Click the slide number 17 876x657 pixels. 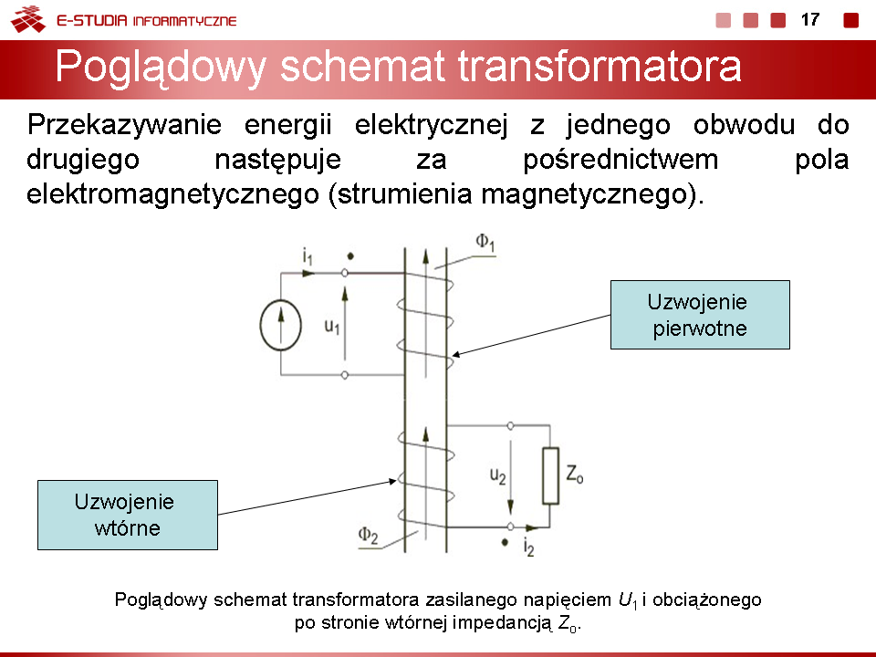pyautogui.click(x=810, y=20)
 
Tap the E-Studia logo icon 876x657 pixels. pyautogui.click(x=28, y=19)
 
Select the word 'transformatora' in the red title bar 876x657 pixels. pyautogui.click(x=600, y=67)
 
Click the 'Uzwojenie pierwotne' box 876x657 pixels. pyautogui.click(x=700, y=315)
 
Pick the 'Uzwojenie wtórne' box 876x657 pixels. pyautogui.click(x=128, y=515)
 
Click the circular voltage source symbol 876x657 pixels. pyautogui.click(x=280, y=325)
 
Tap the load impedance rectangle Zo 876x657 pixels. pyautogui.click(x=550, y=475)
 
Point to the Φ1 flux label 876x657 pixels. pyautogui.click(x=485, y=243)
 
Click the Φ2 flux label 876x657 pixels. pyautogui.click(x=368, y=536)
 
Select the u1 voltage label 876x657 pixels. pyautogui.click(x=332, y=326)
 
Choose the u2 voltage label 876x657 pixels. pyautogui.click(x=498, y=476)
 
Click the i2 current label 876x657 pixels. pyautogui.click(x=528, y=547)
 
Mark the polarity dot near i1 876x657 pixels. pyautogui.click(x=350, y=256)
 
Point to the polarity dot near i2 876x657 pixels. pyautogui.click(x=505, y=542)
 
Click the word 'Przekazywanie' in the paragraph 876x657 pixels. pyautogui.click(x=124, y=125)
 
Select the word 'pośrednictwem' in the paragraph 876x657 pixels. pyautogui.click(x=620, y=160)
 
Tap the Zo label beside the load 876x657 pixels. pyautogui.click(x=574, y=474)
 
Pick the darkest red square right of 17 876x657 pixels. pyautogui.click(x=850, y=20)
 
